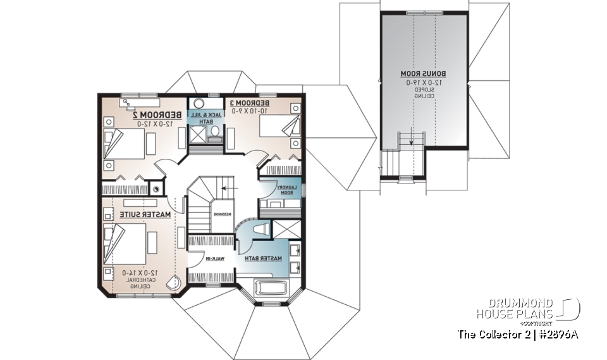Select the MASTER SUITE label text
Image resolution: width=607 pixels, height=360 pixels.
click(x=145, y=215)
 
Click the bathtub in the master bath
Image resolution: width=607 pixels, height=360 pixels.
click(x=271, y=290)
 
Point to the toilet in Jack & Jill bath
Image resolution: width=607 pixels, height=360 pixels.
click(x=215, y=132)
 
